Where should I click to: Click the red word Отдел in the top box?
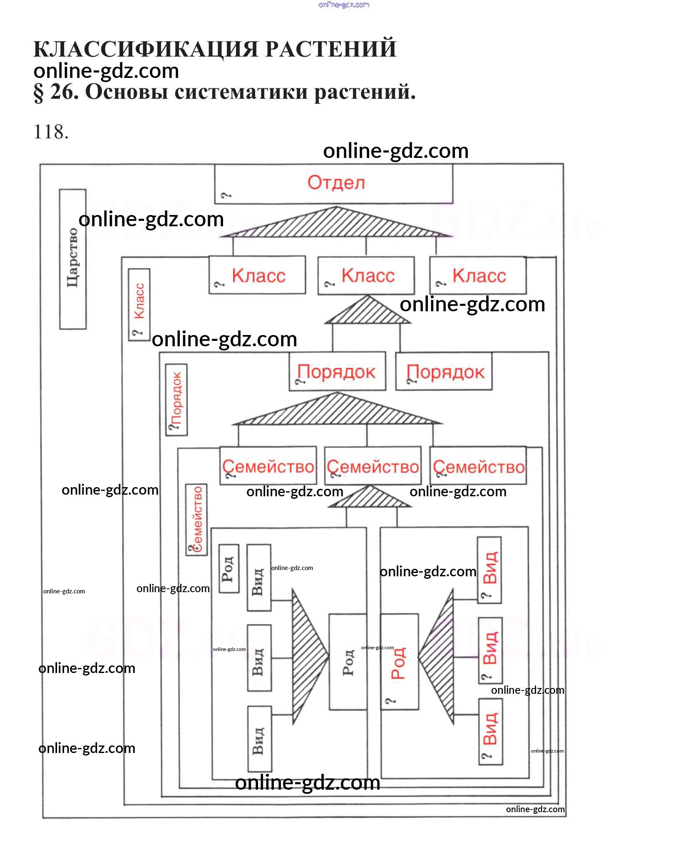336,183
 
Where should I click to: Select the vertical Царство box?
73,259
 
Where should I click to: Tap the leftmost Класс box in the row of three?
257,275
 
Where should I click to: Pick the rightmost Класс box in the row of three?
478,275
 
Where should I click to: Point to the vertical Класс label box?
139,305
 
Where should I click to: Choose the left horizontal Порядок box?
337,372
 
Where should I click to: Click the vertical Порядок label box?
176,400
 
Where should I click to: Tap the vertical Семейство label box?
196,519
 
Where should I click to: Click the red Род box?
399,662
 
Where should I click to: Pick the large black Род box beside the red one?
348,662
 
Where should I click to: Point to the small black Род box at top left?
229,568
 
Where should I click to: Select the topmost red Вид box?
489,570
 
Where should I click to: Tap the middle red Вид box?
490,650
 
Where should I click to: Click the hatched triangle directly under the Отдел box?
336,223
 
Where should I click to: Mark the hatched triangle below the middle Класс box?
368,312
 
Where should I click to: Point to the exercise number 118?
51,132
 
